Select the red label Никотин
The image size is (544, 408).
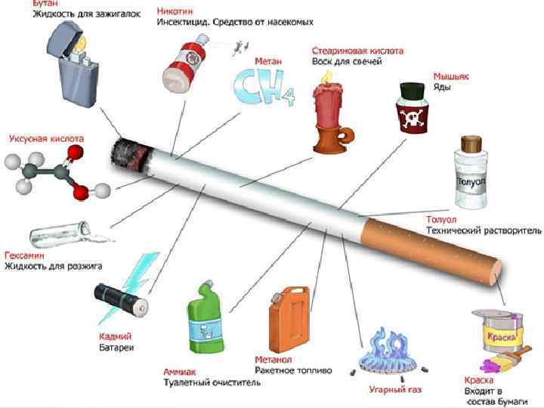pos(176,11)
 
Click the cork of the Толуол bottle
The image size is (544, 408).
pos(471,143)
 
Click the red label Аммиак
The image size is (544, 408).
pos(180,372)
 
